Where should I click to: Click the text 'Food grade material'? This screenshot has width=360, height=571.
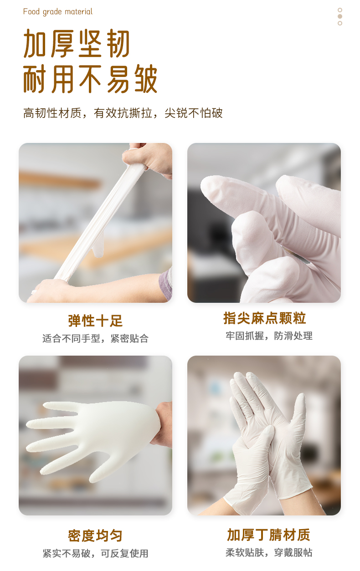pos(58,12)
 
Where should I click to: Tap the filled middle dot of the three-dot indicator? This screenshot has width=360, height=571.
pos(340,16)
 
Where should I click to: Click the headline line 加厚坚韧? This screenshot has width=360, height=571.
pos(77,43)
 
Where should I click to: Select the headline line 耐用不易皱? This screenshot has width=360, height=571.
pos(90,78)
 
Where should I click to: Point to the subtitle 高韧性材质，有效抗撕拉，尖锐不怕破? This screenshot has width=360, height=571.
pos(123,113)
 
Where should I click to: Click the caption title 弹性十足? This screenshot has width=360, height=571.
pos(95,321)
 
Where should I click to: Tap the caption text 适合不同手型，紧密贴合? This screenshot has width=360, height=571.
pos(95,338)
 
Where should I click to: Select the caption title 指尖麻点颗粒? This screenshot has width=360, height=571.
pos(265,318)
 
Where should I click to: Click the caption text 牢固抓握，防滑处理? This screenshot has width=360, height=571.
pos(269,336)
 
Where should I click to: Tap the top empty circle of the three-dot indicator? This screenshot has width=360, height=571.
pos(340,10)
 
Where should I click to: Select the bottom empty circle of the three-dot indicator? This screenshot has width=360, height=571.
pos(340,23)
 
